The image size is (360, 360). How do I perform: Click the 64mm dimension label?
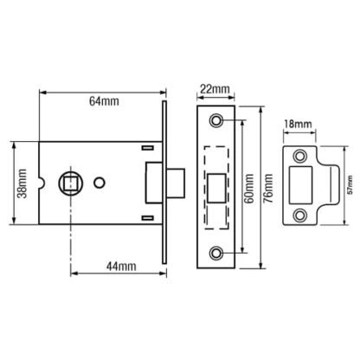(104, 101)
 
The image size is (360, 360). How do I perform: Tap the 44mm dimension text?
(121, 266)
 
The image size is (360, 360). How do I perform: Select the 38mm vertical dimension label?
(22, 183)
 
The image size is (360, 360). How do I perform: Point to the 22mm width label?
(215, 89)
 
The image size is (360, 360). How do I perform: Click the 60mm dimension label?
(249, 189)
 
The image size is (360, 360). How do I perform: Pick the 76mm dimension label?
(268, 189)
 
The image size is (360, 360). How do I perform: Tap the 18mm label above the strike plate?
(298, 124)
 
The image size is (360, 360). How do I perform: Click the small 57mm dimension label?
(350, 184)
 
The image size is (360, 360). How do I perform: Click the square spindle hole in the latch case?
(71, 183)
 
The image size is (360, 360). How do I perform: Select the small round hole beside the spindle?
(100, 183)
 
